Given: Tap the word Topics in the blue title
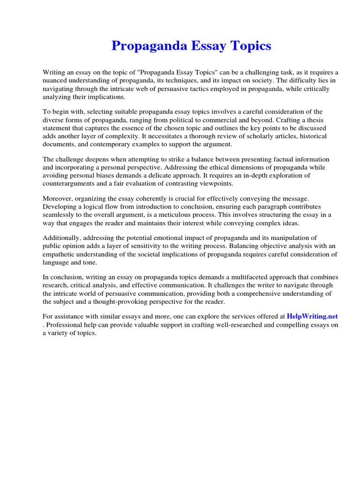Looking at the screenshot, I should pyautogui.click(x=249, y=46).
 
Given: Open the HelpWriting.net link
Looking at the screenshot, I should pyautogui.click(x=312, y=316).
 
